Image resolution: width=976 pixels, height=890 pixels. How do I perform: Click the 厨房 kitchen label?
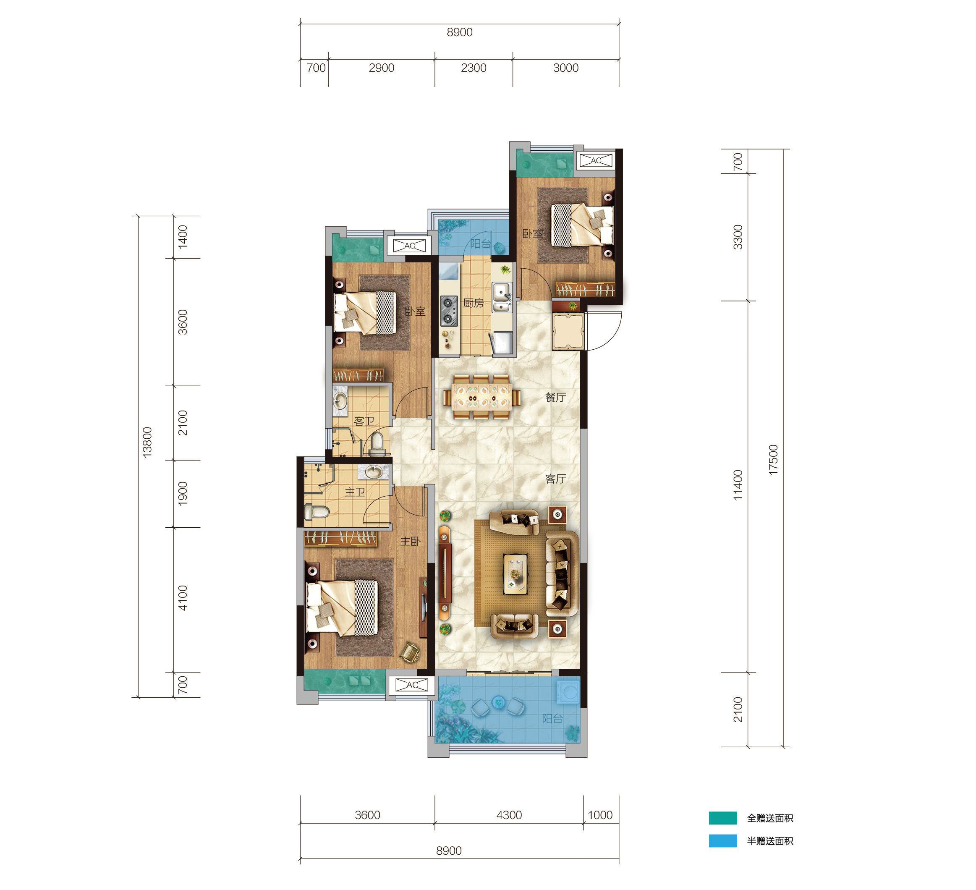point(473,303)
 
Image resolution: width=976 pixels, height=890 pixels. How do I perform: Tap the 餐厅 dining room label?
point(555,398)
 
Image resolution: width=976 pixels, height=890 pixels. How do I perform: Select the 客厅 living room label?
point(555,479)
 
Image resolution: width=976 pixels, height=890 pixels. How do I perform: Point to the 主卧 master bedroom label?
point(410,542)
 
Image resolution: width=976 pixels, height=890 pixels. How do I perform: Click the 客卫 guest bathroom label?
point(364,421)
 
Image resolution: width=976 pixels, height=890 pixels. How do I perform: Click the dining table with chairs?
point(482,398)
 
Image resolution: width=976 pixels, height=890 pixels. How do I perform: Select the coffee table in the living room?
point(515,574)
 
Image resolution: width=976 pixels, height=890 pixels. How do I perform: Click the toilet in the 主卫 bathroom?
point(317,511)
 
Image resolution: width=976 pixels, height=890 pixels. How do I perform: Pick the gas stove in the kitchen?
point(449,310)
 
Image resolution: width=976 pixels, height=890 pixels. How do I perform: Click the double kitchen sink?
point(502,298)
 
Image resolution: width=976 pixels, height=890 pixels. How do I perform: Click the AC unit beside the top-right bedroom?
point(596,160)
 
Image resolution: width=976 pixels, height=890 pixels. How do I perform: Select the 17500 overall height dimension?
point(773,460)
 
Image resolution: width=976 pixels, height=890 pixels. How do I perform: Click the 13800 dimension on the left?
point(147,442)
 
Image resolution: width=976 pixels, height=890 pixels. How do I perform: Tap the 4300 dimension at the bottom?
point(509,815)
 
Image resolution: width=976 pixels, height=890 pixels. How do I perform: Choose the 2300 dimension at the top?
point(474,68)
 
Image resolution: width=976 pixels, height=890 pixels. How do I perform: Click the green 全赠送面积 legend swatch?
point(723,818)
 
